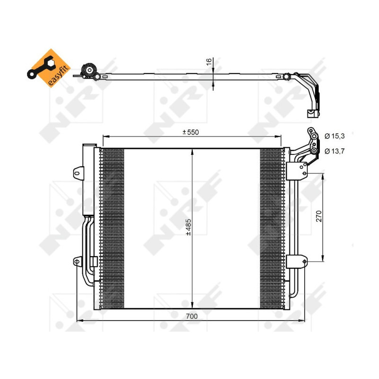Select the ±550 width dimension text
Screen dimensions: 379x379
(x=191, y=132)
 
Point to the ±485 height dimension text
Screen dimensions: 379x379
(x=188, y=227)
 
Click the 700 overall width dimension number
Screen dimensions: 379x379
(x=191, y=316)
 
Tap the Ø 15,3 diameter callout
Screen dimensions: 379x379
(x=334, y=136)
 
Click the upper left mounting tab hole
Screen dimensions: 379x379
(x=76, y=174)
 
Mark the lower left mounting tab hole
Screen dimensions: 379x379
(x=76, y=261)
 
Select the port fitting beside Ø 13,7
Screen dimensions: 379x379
(x=314, y=151)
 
